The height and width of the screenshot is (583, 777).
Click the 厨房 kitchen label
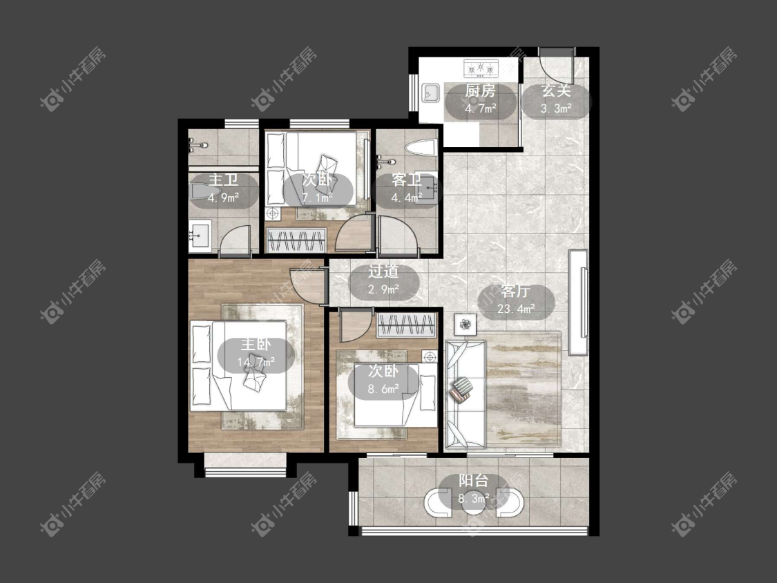[480, 91]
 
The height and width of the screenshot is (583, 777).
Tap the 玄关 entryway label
[556, 91]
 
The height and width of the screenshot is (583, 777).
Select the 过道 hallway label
[383, 271]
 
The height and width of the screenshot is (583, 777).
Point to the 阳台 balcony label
[474, 480]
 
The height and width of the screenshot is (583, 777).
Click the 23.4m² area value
[516, 309]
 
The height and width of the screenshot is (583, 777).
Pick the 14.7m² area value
[256, 363]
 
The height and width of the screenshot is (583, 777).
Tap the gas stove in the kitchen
[480, 68]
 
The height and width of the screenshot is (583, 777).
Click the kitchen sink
[431, 93]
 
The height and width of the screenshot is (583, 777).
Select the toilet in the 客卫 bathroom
[420, 147]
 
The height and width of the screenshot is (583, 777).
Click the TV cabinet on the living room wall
[578, 302]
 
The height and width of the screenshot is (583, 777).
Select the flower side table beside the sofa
[466, 325]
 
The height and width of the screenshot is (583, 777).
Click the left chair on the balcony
[437, 501]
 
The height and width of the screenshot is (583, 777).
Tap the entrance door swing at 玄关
[556, 67]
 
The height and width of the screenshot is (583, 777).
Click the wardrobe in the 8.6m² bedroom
[407, 326]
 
